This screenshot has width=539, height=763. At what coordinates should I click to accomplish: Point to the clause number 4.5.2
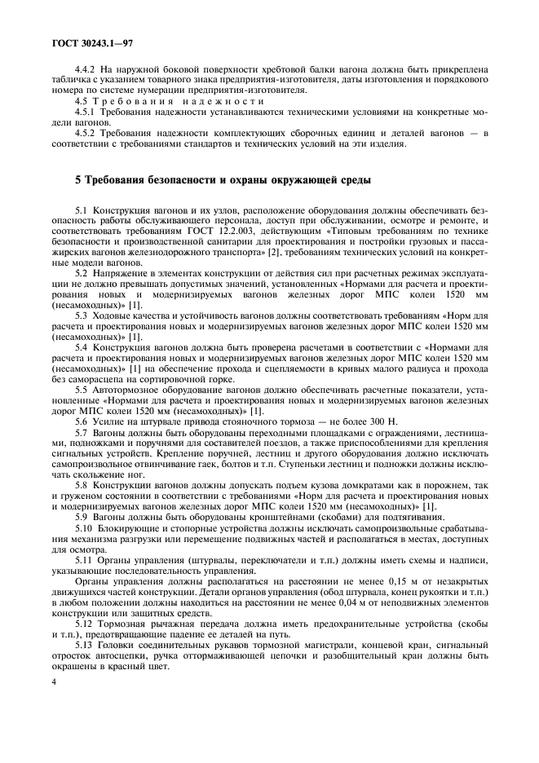(86, 133)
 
